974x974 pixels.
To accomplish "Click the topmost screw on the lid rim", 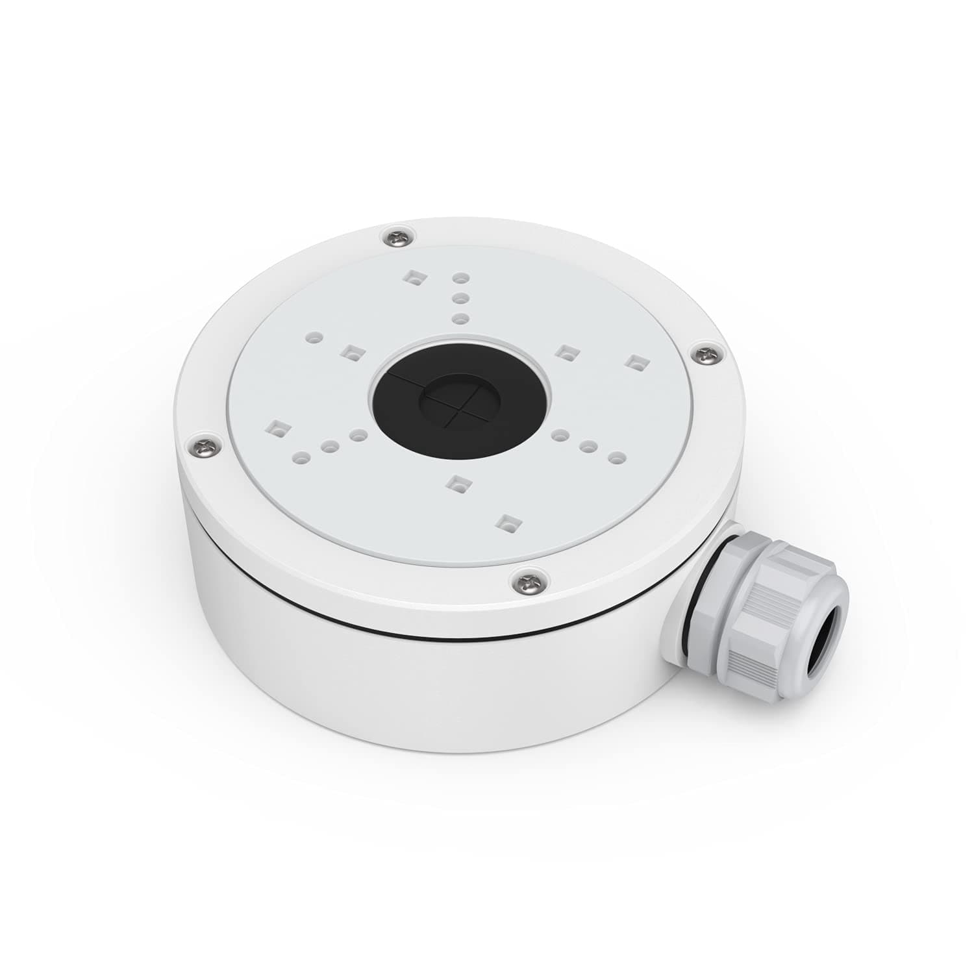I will pos(397,237).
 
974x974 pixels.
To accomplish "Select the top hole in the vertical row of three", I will pos(460,278).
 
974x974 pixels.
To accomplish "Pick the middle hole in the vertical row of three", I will pos(460,298).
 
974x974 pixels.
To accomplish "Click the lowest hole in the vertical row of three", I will pos(460,318).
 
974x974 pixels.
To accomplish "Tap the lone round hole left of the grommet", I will pos(315,338).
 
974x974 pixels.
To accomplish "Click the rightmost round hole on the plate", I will pos(618,458).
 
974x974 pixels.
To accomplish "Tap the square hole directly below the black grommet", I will pos(458,481).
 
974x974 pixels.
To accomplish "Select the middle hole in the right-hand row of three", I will pos(589,446).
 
